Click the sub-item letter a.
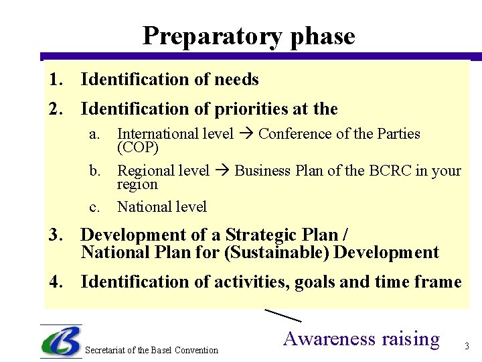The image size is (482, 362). [x=94, y=133]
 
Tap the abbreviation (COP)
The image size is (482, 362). [x=138, y=147]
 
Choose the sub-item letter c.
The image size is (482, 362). [x=94, y=207]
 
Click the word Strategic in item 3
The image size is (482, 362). [x=264, y=235]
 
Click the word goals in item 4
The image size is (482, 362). [x=315, y=282]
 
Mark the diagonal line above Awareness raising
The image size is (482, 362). [x=283, y=315]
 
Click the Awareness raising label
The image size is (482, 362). [x=361, y=339]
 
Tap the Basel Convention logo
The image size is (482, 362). [x=61, y=342]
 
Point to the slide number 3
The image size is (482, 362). [x=467, y=347]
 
